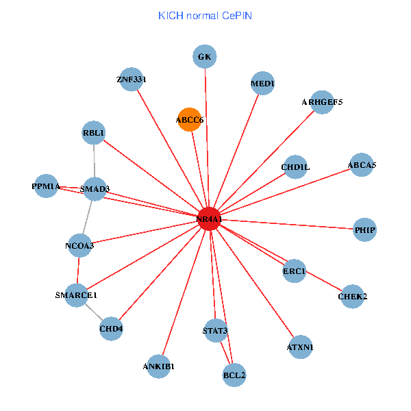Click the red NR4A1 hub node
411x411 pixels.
pos(208,219)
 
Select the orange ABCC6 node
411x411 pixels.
pos(189,119)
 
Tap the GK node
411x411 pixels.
pos(204,56)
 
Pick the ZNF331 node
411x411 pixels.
pos(131,79)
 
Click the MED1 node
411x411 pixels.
pos(262,84)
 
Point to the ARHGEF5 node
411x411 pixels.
pos(322,102)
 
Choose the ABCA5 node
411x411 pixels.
pos(361,164)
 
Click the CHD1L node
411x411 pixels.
pos(295,166)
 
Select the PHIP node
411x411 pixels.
pos(364,229)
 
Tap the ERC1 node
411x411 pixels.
pos(294,271)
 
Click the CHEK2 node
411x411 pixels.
pos(353,297)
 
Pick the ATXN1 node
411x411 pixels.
pos(300,347)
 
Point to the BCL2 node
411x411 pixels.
pos(234,375)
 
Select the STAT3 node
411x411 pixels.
pos(215,331)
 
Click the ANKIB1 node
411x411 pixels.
pos(159,366)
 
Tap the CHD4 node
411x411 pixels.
pos(111,328)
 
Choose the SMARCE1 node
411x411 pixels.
pos(77,295)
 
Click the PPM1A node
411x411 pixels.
pos(46,186)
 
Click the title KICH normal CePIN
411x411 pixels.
pos(205,15)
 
